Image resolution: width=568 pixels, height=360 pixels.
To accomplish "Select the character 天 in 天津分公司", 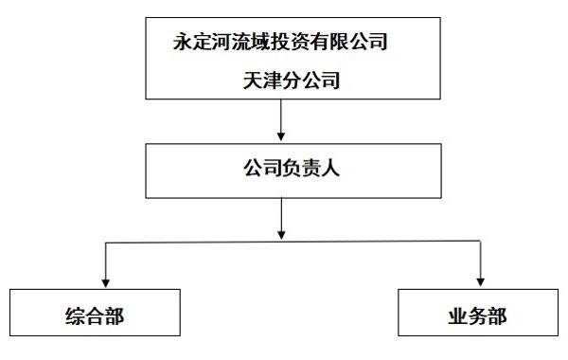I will click(x=251, y=82).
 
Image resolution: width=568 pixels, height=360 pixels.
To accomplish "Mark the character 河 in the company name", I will click(x=223, y=42).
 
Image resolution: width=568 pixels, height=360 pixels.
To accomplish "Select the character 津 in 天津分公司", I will click(x=272, y=82).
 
